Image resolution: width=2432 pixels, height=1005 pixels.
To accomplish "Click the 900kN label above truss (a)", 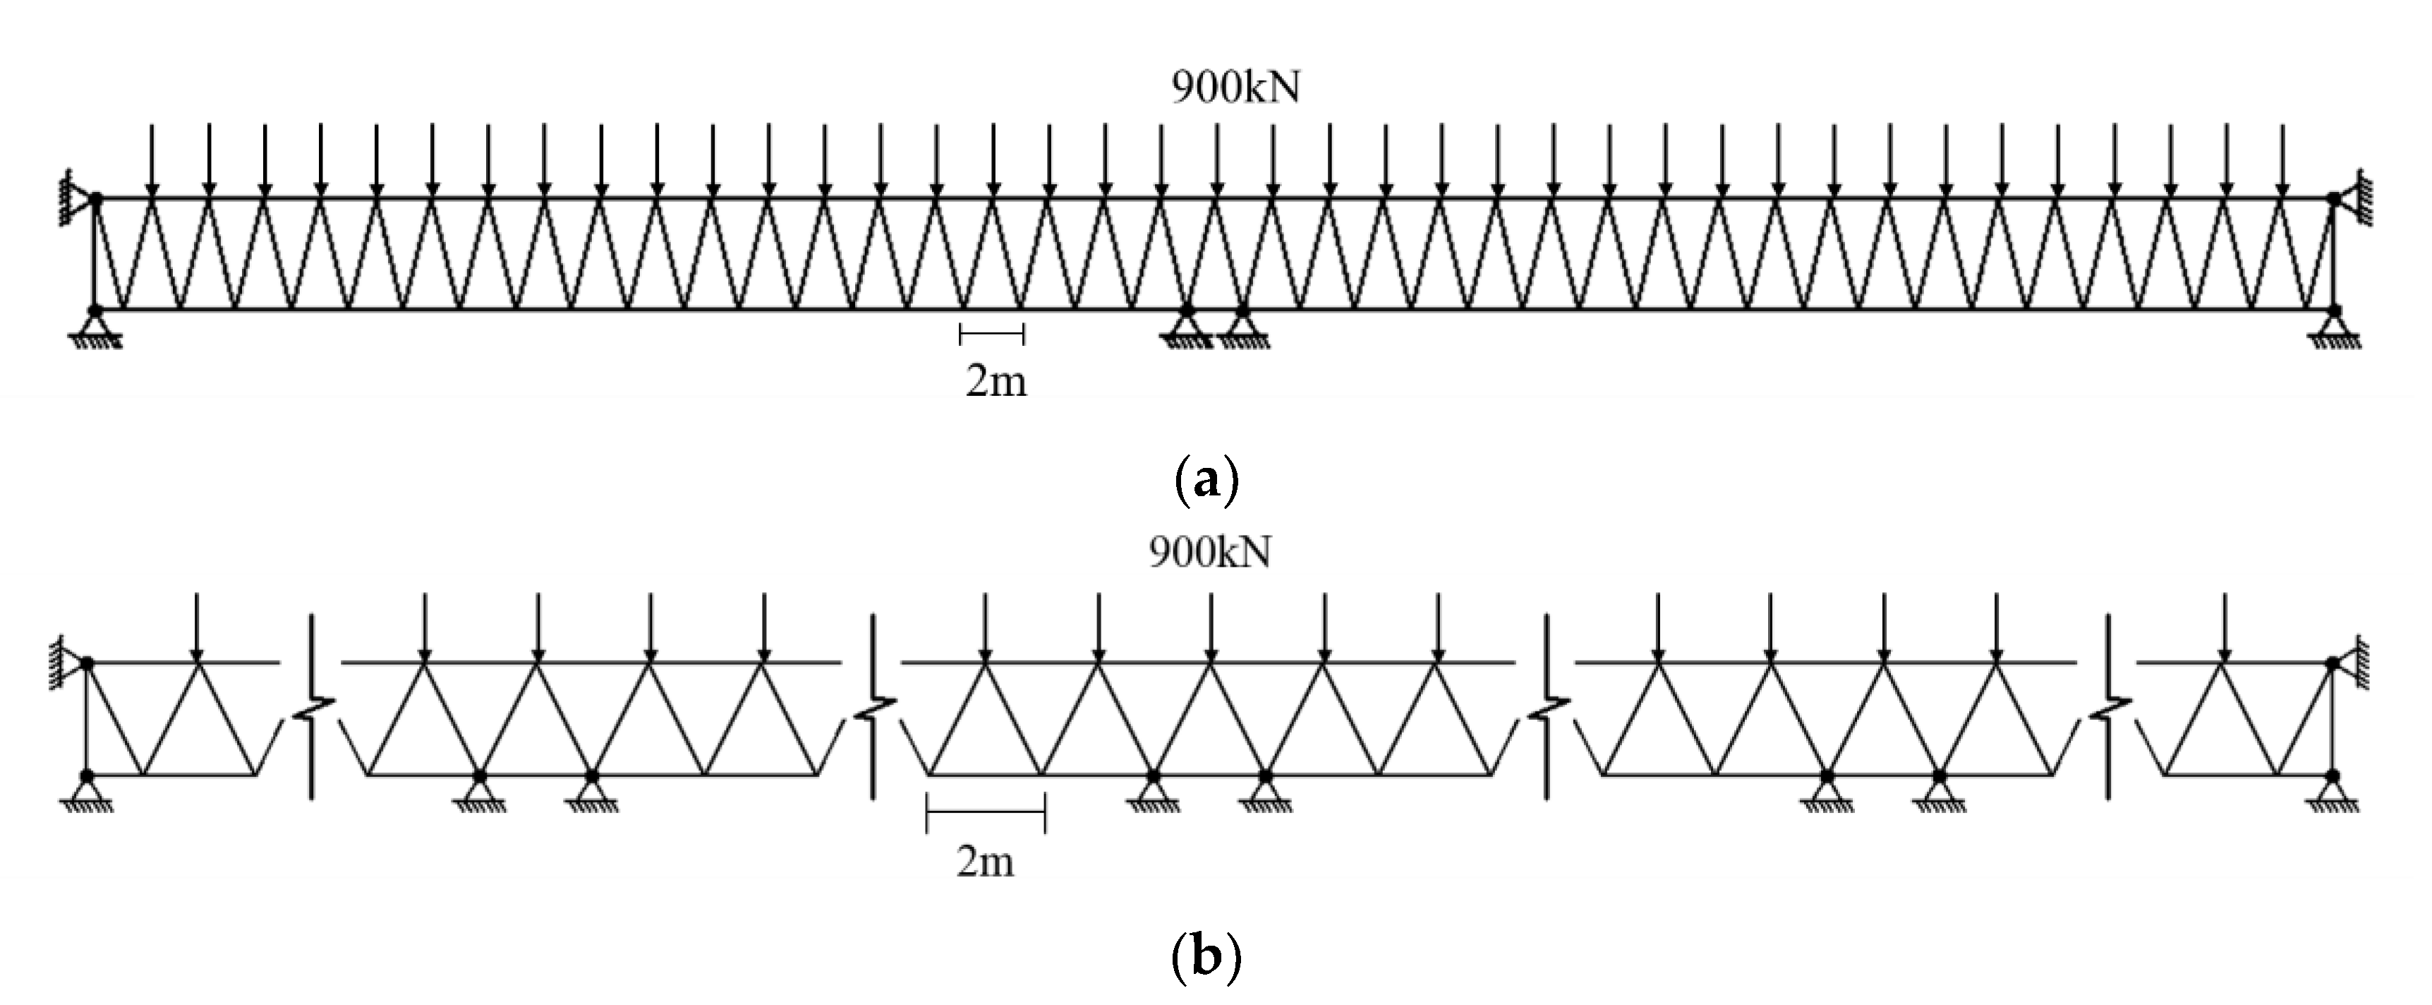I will pyautogui.click(x=1235, y=88).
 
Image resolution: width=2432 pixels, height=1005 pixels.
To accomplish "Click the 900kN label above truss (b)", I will pyautogui.click(x=1209, y=552).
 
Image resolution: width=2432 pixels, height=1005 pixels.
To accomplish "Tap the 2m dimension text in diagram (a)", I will pyautogui.click(x=995, y=383).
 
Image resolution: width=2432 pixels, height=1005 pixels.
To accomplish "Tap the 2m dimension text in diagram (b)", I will pyautogui.click(x=985, y=862).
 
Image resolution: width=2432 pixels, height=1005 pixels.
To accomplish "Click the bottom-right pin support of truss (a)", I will pyautogui.click(x=2335, y=330).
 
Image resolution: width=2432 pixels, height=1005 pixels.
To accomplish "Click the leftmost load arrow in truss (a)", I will pyautogui.click(x=153, y=161).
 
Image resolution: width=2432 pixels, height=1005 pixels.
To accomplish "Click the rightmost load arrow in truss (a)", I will pyautogui.click(x=2282, y=161).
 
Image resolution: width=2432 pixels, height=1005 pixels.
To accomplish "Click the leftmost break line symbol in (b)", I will pyautogui.click(x=313, y=706).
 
